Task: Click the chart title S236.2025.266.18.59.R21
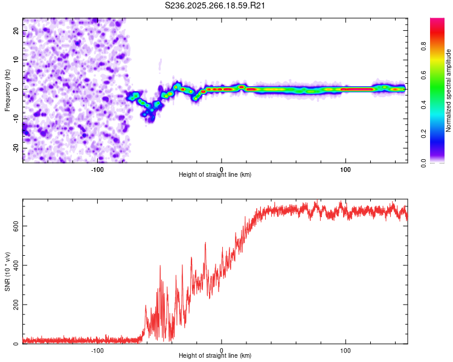216,6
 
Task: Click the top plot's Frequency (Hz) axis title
7,89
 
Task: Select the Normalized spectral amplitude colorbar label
449,91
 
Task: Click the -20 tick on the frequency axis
16,148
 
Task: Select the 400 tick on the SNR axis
14,265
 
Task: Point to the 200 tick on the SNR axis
14,305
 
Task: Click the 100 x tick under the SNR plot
345,350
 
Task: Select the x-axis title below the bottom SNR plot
215,357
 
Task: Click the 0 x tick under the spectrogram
222,168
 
